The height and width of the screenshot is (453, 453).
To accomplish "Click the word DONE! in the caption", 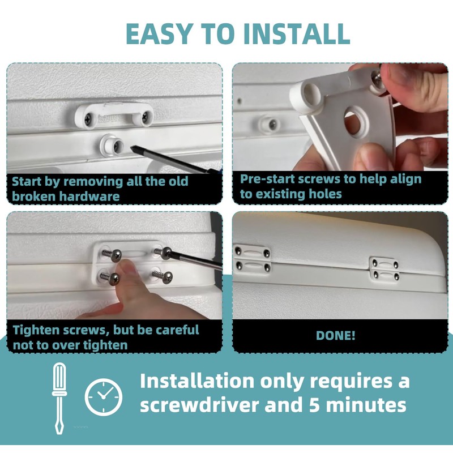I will (335, 335).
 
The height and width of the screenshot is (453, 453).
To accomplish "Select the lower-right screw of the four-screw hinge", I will (166, 277).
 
